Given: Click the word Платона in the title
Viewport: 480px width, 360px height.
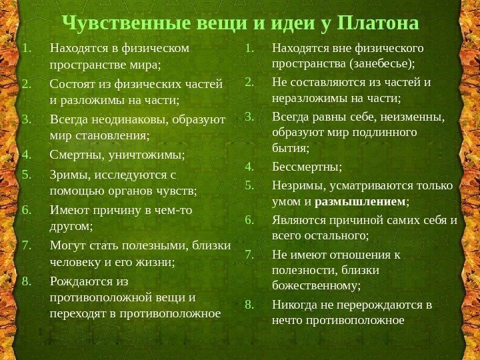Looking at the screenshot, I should (x=378, y=23).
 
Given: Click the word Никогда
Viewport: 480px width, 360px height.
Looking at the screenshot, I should (x=292, y=305).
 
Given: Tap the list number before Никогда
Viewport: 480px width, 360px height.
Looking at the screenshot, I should (x=250, y=305).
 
